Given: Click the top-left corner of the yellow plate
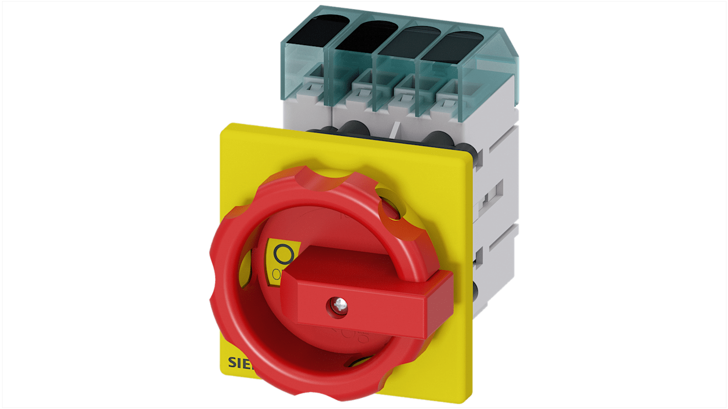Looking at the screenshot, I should [x=221, y=126].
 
